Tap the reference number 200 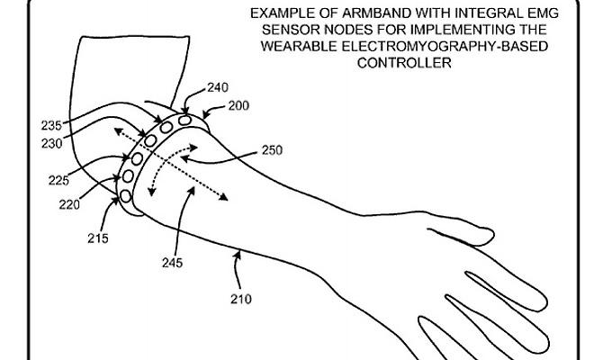239,105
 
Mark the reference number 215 98,238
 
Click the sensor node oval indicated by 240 184,120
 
